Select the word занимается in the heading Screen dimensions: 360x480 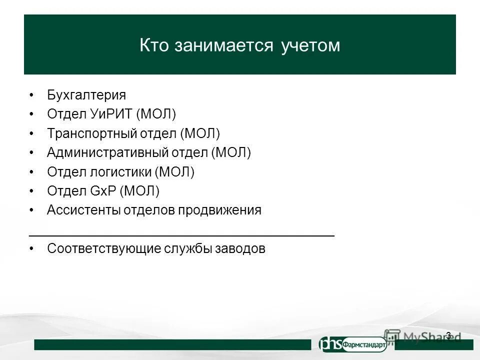point(224,45)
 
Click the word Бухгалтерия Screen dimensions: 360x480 point(86,95)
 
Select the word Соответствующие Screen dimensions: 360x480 point(103,248)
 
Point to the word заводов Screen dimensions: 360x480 point(240,248)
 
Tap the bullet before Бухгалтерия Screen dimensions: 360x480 point(31,95)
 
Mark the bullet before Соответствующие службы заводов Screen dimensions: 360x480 point(31,248)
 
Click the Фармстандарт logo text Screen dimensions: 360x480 point(363,344)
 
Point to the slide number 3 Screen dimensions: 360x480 point(448,335)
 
